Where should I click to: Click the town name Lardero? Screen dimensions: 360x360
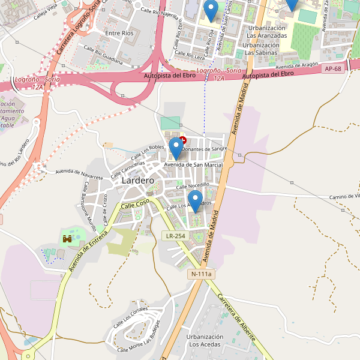[137, 180]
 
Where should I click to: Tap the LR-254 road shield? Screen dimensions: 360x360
[176, 236]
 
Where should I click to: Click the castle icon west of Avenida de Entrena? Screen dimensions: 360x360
[67, 239]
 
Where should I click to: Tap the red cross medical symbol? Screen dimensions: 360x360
[183, 140]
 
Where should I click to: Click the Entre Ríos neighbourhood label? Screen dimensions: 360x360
[119, 34]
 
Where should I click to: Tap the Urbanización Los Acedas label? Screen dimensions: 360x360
[205, 341]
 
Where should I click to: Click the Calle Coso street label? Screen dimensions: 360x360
[134, 204]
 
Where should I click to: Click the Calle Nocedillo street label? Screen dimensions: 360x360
[192, 186]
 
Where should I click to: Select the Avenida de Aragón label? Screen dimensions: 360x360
[296, 65]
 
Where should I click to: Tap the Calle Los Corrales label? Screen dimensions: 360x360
[130, 316]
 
